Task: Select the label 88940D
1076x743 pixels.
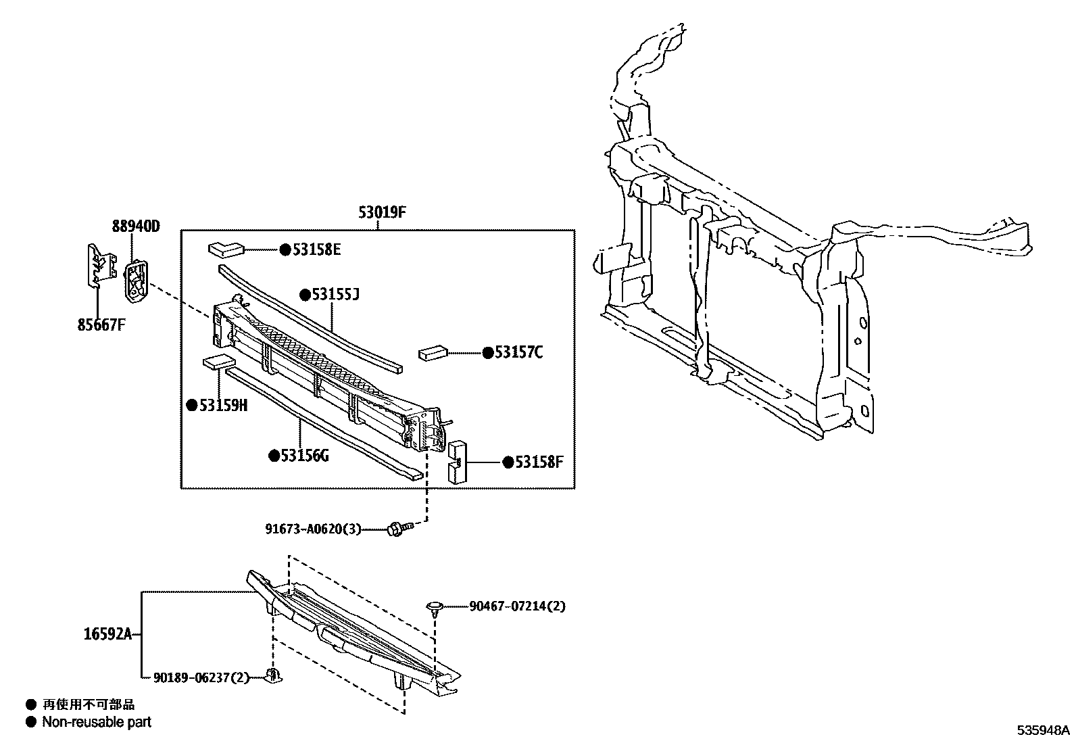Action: point(136,226)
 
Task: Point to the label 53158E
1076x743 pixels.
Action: point(316,250)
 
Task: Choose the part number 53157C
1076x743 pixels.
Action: point(518,352)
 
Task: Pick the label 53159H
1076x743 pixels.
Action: point(223,405)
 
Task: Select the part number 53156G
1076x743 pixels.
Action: point(305,456)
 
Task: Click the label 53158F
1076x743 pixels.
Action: point(539,462)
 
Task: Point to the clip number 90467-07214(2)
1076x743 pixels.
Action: point(517,606)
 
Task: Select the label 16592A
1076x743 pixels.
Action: point(108,634)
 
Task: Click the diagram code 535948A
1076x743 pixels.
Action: point(1044,730)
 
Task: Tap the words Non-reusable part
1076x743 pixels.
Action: point(97,722)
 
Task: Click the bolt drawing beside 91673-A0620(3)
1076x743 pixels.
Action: point(399,529)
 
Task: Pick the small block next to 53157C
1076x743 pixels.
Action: point(433,353)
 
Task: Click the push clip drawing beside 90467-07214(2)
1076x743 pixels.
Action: point(434,606)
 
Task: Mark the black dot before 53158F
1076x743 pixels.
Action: point(508,462)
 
